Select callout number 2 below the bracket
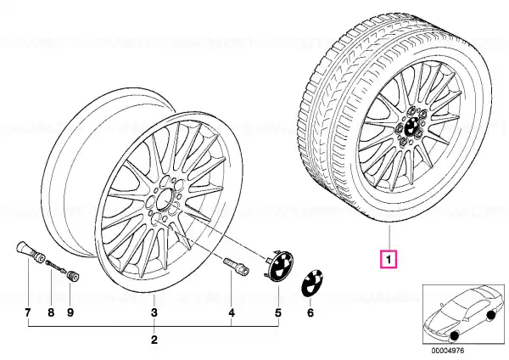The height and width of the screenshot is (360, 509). click(x=154, y=340)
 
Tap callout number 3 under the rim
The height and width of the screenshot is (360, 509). click(x=154, y=312)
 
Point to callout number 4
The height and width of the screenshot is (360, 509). click(x=231, y=312)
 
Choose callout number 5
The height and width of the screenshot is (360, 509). click(x=278, y=312)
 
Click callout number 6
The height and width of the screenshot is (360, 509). click(x=310, y=312)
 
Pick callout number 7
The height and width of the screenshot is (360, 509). click(x=28, y=312)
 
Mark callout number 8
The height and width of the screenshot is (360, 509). click(x=51, y=312)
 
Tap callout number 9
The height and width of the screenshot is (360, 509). click(x=70, y=312)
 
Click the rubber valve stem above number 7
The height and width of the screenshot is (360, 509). click(x=30, y=253)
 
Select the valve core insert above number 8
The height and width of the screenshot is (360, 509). click(x=56, y=266)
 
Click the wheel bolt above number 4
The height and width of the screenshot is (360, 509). click(x=236, y=265)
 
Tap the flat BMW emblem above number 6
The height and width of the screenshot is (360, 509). click(x=312, y=283)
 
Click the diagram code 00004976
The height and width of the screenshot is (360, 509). click(x=448, y=351)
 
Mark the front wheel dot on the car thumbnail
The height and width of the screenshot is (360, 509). click(x=454, y=336)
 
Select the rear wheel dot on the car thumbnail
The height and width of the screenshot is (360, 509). click(x=490, y=314)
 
